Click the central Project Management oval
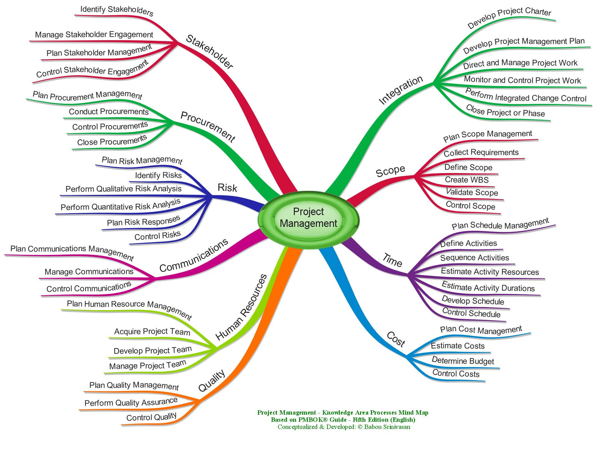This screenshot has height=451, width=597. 308,218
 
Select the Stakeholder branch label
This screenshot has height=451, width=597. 209,52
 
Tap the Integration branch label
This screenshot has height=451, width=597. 401,90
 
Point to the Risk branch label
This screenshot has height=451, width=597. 227,188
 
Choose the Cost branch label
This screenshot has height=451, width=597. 396,339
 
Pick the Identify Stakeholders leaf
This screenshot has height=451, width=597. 117,11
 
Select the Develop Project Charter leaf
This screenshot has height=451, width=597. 509,18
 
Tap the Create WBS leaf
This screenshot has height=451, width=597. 467,180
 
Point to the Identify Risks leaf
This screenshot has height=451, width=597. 158,176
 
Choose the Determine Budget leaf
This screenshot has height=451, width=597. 463,361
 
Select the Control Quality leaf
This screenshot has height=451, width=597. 151,417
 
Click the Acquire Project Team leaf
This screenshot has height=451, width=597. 152,332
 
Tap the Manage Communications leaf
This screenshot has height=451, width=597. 89,272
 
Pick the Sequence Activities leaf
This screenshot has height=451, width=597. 474,258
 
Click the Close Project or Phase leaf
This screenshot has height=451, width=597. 505,111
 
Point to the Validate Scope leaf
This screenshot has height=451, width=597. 472,192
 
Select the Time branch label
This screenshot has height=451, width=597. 392,260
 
